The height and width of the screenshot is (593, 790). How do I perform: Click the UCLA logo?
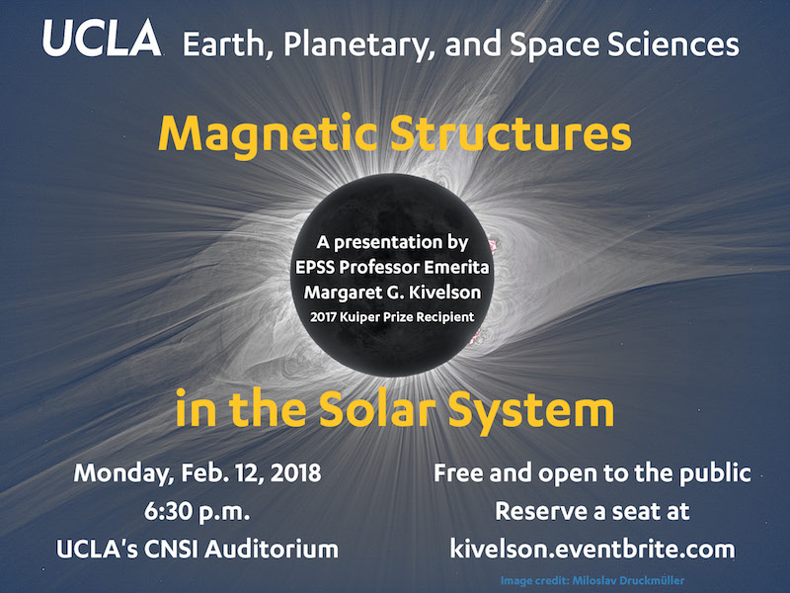click(x=102, y=38)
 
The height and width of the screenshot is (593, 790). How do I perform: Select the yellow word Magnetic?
click(x=267, y=135)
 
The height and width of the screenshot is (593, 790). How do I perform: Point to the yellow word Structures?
click(x=511, y=133)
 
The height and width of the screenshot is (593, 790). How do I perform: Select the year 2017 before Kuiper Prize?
click(x=323, y=317)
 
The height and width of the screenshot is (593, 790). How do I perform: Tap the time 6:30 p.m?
click(x=197, y=512)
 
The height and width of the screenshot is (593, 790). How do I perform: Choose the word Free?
click(x=458, y=473)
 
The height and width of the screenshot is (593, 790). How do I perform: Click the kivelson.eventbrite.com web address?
click(x=592, y=549)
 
